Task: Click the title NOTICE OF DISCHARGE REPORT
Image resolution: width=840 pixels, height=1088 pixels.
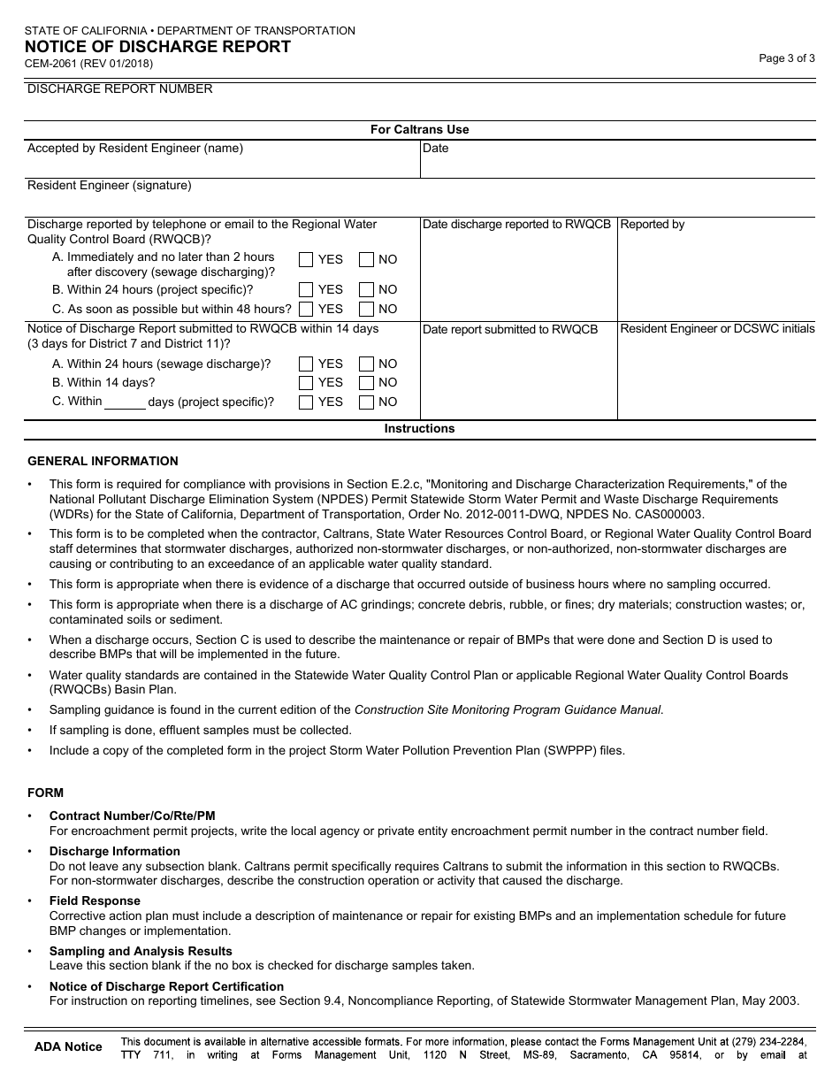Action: (157, 47)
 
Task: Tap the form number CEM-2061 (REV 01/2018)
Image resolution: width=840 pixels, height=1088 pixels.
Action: (89, 64)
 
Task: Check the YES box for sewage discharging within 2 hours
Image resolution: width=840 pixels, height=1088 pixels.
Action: (306, 260)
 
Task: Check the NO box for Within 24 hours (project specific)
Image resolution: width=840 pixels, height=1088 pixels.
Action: (366, 289)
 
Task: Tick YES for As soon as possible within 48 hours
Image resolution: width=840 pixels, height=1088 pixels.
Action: (306, 309)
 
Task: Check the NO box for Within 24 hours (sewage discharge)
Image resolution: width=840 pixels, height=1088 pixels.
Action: (366, 364)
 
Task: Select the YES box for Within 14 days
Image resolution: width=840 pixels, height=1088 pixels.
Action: (306, 383)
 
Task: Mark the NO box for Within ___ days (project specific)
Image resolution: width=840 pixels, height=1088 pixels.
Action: (366, 402)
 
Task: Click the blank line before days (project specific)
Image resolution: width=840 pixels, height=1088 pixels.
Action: (125, 403)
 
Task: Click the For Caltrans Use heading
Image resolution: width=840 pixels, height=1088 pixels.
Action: (419, 129)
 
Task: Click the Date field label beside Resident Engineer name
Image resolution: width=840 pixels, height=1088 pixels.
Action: (435, 149)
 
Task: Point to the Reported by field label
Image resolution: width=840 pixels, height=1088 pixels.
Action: (653, 225)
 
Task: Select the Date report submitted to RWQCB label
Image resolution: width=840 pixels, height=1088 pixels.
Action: (510, 330)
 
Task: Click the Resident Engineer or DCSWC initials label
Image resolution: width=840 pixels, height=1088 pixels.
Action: (717, 329)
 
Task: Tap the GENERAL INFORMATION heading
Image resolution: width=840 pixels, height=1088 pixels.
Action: (103, 461)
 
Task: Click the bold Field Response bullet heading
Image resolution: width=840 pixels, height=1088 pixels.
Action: (95, 901)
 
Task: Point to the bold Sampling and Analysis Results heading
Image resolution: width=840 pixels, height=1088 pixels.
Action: (141, 951)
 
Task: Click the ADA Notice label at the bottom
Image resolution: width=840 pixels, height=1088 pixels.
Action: (68, 1047)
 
